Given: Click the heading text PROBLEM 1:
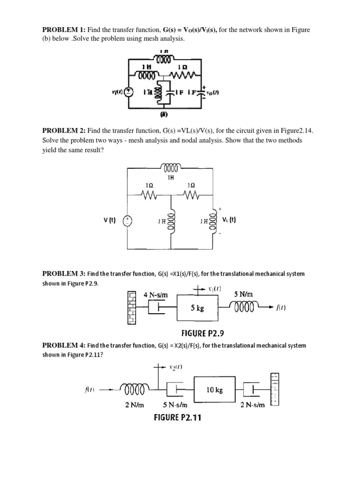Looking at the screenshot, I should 63,30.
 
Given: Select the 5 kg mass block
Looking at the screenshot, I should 196,309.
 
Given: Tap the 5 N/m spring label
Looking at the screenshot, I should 244,295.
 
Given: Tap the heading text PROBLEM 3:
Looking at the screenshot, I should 63,273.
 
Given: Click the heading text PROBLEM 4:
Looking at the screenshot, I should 63,345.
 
